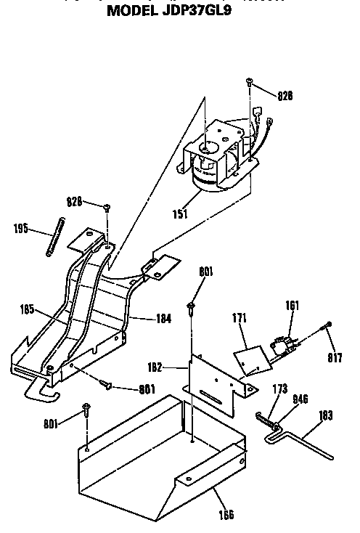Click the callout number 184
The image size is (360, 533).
[x=164, y=317]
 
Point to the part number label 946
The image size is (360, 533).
[x=301, y=399]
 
